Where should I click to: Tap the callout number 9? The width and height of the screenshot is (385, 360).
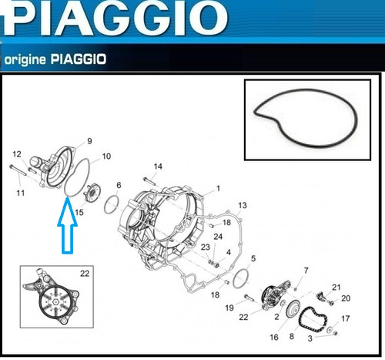(x=89, y=141)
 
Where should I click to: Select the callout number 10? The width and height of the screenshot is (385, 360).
(x=106, y=156)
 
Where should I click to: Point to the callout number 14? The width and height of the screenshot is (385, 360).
(x=158, y=167)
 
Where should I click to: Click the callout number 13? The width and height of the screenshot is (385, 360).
(x=243, y=205)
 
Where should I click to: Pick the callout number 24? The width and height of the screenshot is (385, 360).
(x=218, y=237)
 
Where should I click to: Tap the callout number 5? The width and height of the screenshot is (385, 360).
(x=253, y=258)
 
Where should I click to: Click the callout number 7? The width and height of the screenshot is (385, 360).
(x=306, y=271)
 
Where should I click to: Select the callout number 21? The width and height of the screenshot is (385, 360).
(x=336, y=288)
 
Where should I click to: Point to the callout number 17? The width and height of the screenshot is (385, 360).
(x=346, y=318)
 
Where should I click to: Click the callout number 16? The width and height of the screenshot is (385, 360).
(x=274, y=337)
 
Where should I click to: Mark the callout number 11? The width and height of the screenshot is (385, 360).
(x=21, y=193)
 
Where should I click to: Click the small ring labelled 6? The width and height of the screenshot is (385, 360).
(x=112, y=204)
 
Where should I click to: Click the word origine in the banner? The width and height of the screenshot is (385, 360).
(x=25, y=60)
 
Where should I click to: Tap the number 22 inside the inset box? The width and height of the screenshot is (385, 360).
(x=85, y=274)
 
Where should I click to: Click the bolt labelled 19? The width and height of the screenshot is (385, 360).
(x=249, y=298)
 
